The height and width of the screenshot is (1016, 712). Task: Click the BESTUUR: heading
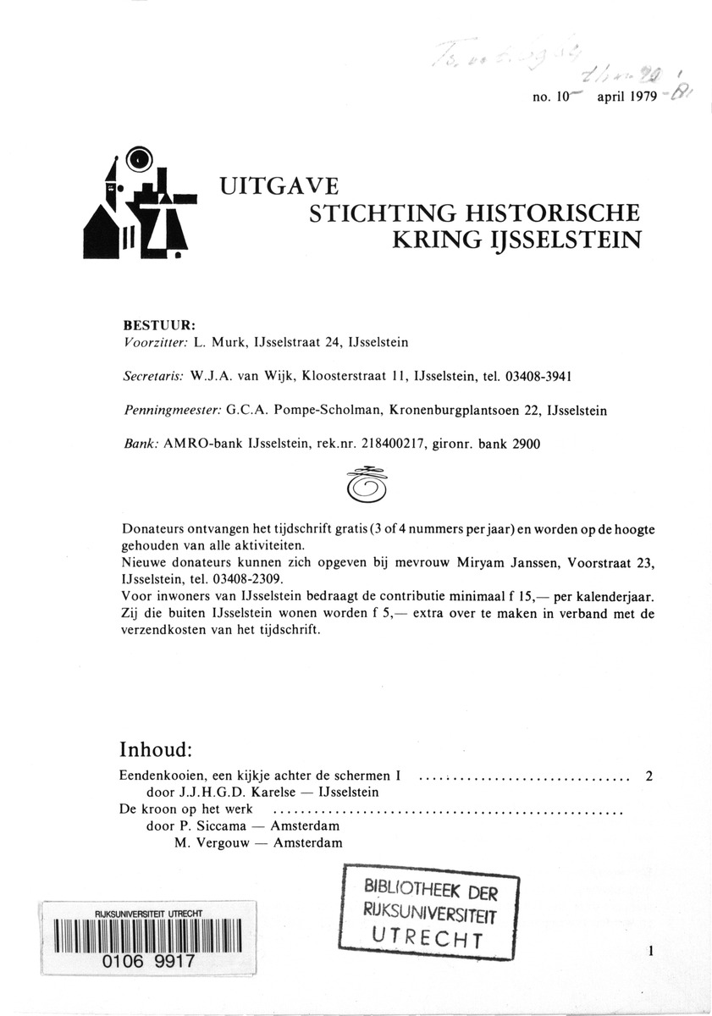[160, 323]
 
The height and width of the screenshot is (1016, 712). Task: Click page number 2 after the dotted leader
[648, 776]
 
